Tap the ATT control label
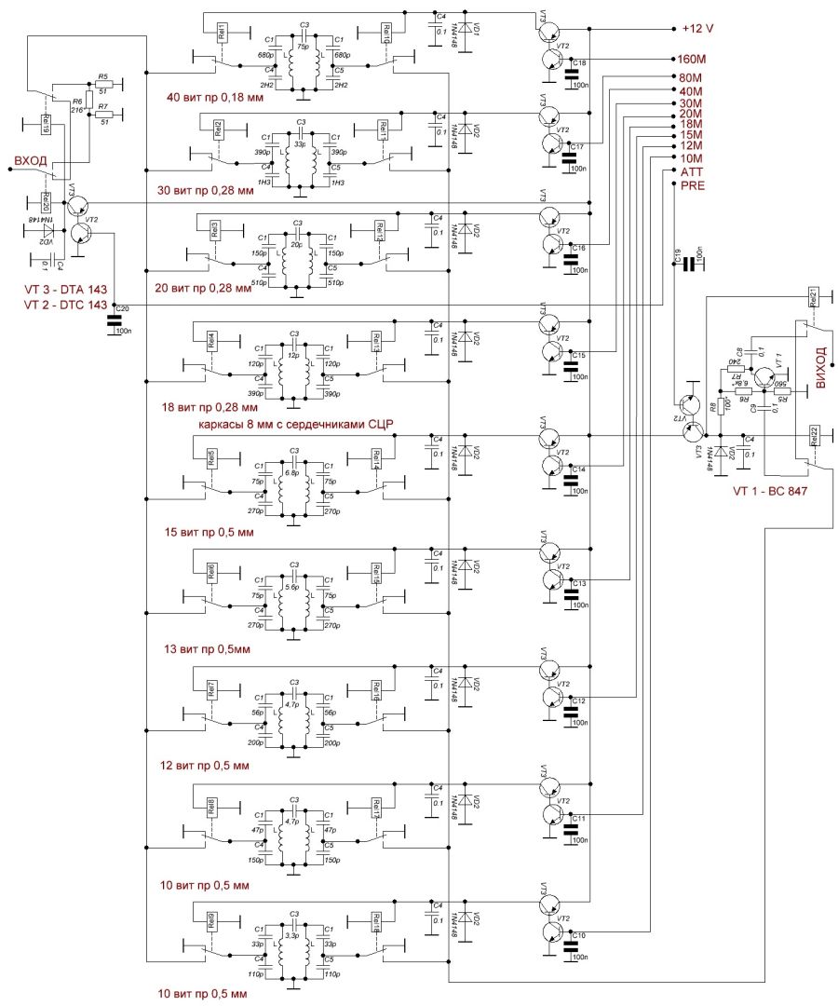coord(691,172)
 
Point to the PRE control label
coord(693,186)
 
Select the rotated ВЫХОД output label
coord(820,369)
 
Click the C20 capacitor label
coord(123,308)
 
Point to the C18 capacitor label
coord(578,62)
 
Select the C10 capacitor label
coord(578,934)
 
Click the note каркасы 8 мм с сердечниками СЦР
coord(297,425)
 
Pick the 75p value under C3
coord(302,46)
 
